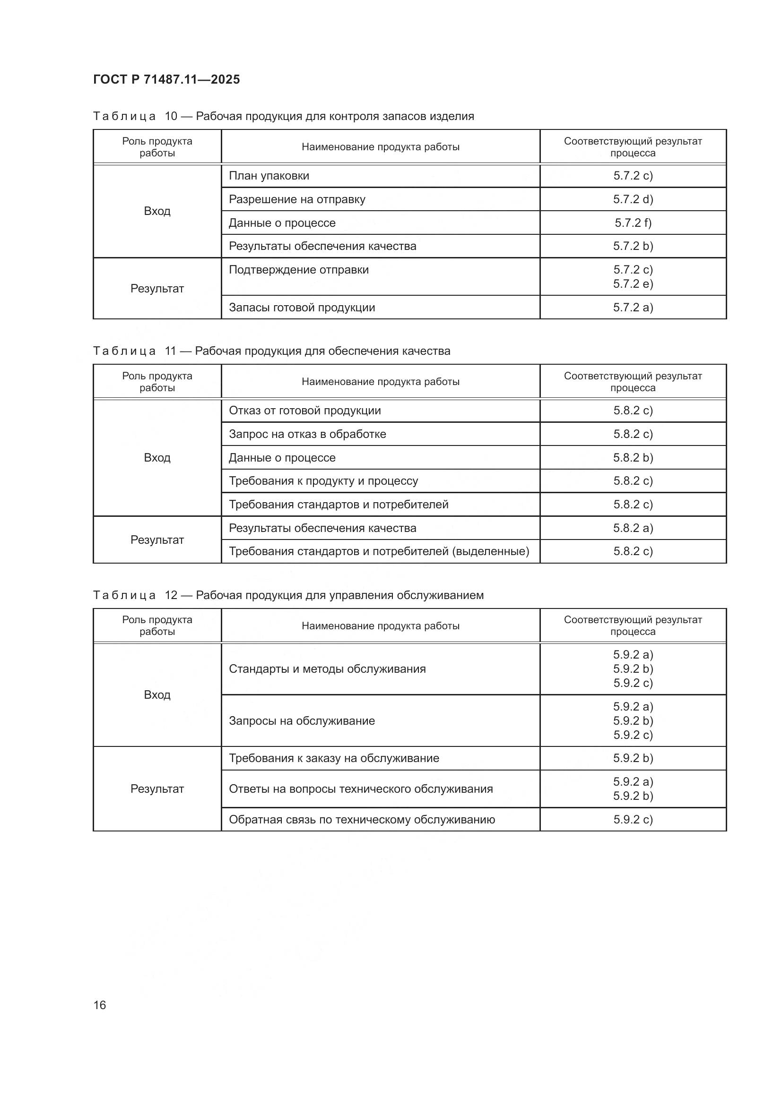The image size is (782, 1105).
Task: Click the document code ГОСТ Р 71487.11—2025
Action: click(x=166, y=79)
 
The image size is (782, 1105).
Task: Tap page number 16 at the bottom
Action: click(x=100, y=1005)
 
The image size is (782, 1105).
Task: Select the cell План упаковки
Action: click(x=269, y=176)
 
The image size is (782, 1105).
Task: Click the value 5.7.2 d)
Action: click(x=633, y=199)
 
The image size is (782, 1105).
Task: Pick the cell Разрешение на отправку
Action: click(x=296, y=199)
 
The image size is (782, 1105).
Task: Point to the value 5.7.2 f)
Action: click(x=633, y=223)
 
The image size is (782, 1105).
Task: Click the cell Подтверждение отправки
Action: click(x=298, y=270)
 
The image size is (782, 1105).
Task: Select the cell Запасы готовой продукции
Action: click(x=302, y=308)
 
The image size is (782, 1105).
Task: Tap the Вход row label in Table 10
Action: click(x=157, y=211)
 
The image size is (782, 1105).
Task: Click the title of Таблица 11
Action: click(x=271, y=351)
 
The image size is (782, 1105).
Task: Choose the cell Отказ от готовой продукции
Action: click(x=305, y=411)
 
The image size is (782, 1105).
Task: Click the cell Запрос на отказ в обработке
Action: click(x=307, y=434)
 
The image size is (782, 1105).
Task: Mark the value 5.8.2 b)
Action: click(x=633, y=458)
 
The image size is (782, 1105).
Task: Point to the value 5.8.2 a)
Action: click(x=633, y=528)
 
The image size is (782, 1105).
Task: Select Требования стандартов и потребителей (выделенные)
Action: click(x=379, y=551)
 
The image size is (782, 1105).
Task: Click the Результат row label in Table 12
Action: click(x=157, y=789)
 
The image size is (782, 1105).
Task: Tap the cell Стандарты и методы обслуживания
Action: click(x=327, y=669)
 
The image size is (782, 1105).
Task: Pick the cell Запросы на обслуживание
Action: click(x=302, y=721)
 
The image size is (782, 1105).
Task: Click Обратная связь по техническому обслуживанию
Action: click(x=362, y=820)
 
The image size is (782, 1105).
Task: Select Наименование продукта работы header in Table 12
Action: click(x=381, y=625)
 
